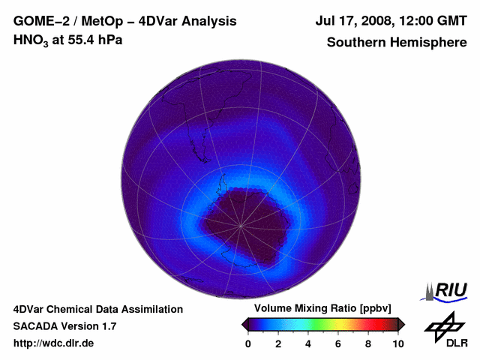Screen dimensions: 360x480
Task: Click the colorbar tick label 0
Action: (x=248, y=343)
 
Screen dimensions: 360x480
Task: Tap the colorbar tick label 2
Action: (x=278, y=343)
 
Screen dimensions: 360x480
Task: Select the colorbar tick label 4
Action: (x=308, y=343)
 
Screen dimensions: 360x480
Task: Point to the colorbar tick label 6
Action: (x=338, y=343)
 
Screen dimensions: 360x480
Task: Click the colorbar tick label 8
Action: (x=368, y=343)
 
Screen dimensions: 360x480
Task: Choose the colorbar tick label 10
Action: (x=397, y=343)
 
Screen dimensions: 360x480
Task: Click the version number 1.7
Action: (x=107, y=326)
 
